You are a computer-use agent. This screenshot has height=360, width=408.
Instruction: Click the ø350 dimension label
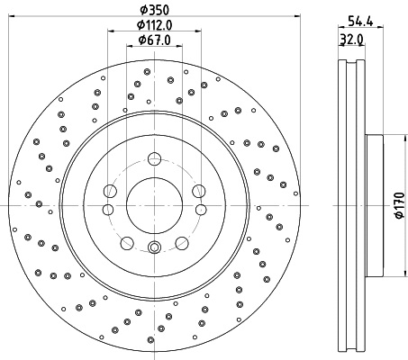click(151, 10)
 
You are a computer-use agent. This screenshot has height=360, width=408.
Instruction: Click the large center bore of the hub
click(152, 202)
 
